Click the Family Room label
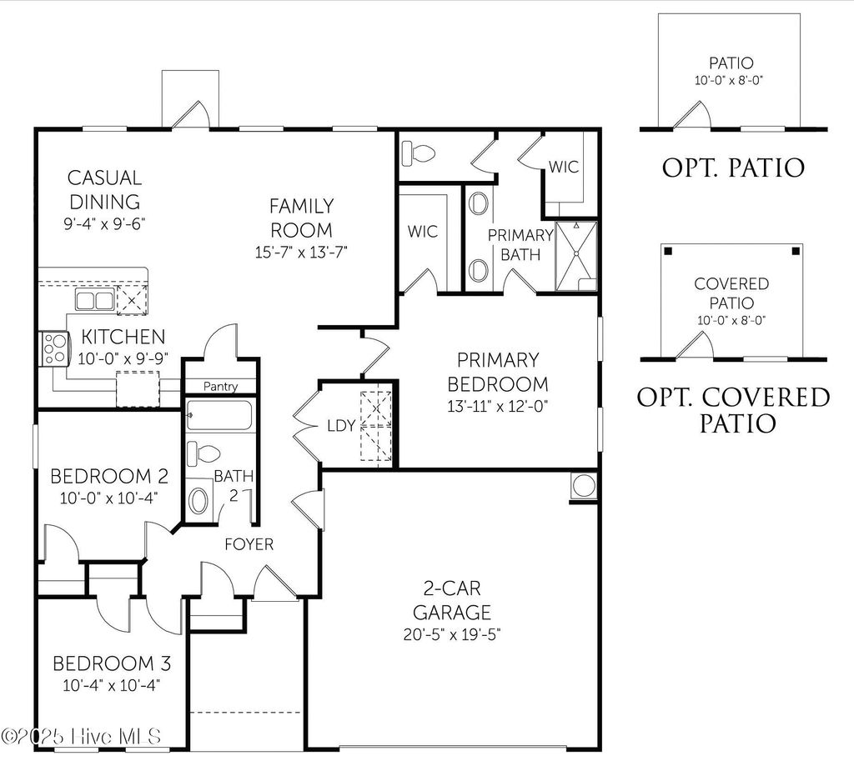click(301, 218)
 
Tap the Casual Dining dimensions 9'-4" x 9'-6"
click(104, 224)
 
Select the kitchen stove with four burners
click(53, 348)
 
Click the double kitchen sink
click(94, 300)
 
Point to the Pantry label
click(220, 387)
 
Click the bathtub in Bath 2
click(218, 415)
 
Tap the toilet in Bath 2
click(201, 454)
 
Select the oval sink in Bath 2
click(200, 501)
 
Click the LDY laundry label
click(341, 426)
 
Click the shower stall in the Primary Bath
click(576, 256)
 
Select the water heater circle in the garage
click(583, 485)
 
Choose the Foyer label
click(249, 544)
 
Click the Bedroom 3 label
click(112, 663)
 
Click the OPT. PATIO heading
click(733, 168)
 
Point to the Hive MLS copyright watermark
click(82, 736)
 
